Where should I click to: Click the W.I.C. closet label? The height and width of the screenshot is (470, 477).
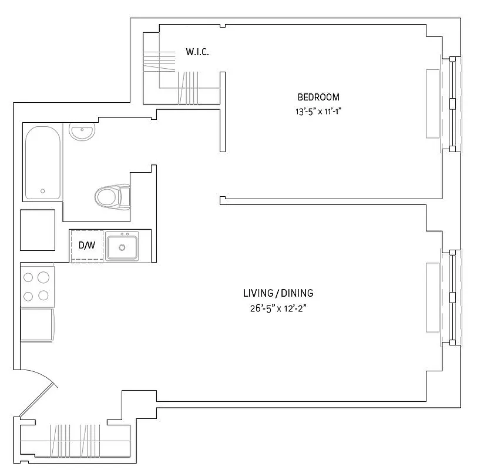coord(197,52)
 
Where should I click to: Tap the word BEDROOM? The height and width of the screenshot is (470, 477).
coord(318,97)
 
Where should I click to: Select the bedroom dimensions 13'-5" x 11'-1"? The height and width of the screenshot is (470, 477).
coord(318,110)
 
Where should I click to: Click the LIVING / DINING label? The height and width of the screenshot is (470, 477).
coord(278,293)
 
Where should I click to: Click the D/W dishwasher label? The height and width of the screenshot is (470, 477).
coord(86,245)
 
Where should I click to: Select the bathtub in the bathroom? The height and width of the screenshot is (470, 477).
coord(42,162)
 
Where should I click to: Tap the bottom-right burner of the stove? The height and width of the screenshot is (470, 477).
coord(44,295)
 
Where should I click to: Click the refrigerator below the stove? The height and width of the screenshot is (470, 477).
coord(37,325)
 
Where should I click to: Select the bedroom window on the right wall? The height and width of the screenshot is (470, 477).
coord(451,103)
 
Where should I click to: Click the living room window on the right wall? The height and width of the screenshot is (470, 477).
coord(451,298)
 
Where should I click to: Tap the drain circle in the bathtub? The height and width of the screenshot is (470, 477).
coord(42,191)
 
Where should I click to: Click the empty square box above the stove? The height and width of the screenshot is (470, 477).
coord(38,230)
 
